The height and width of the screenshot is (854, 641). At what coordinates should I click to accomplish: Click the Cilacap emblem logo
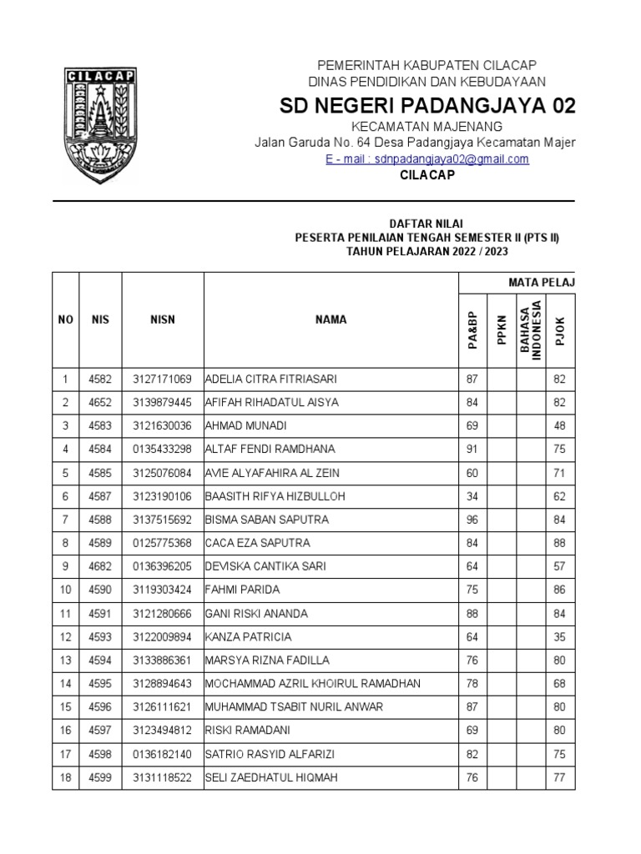pos(100,124)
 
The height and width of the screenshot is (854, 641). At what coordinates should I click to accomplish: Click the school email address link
pos(426,159)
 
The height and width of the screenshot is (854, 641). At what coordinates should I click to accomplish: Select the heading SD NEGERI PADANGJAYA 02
pos(426,107)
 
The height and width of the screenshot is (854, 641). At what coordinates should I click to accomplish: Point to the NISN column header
pos(163,319)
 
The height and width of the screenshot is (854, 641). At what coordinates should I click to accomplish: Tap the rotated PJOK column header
pos(559,329)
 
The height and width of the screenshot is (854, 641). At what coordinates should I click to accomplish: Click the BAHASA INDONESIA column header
pos(531,329)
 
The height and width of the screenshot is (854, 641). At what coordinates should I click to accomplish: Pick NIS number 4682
pos(100,566)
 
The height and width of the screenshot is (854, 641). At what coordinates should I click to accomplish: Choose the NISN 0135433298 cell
pos(163,450)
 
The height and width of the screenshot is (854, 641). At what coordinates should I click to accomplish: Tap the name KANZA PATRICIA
pos(248,637)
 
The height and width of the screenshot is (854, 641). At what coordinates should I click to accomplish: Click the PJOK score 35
pos(559,637)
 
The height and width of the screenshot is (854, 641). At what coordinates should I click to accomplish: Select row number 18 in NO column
pos(65,778)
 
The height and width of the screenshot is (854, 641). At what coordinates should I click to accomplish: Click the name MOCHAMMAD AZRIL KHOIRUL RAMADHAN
pos(312,684)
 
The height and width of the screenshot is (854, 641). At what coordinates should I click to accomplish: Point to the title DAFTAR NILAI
pos(426,224)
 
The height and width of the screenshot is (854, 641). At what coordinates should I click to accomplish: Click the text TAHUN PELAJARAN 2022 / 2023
pos(426,251)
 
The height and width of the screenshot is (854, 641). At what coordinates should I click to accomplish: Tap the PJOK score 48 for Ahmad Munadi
pos(559,425)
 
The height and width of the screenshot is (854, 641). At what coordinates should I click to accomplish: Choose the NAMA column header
pos(331,319)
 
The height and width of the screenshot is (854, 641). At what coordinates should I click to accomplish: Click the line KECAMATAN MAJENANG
pos(426,127)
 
